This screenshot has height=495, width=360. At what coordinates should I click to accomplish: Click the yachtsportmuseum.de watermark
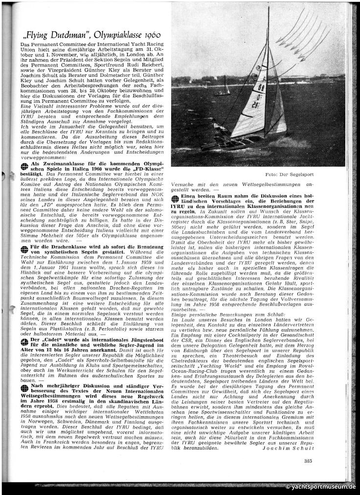(320, 487)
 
